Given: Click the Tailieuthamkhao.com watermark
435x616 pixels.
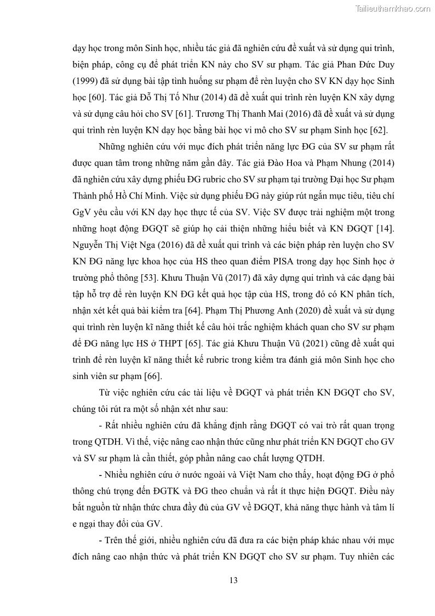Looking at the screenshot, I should [x=393, y=8].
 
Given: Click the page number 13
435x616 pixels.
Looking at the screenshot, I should [x=233, y=580].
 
